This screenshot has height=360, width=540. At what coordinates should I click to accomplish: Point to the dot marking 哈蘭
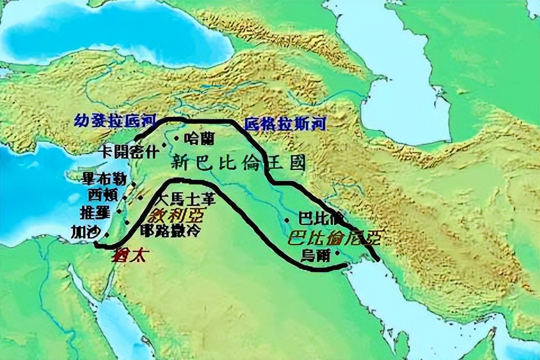pos(177,137)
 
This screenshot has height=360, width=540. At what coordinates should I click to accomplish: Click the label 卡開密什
pos(128,151)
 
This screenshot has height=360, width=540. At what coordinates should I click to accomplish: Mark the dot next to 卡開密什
pos(164,145)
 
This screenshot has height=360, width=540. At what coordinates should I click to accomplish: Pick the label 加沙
pos(84,231)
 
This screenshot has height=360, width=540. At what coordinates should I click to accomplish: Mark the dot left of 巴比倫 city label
pos(287,220)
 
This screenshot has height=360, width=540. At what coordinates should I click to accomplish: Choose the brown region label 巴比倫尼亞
pos(334,238)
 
